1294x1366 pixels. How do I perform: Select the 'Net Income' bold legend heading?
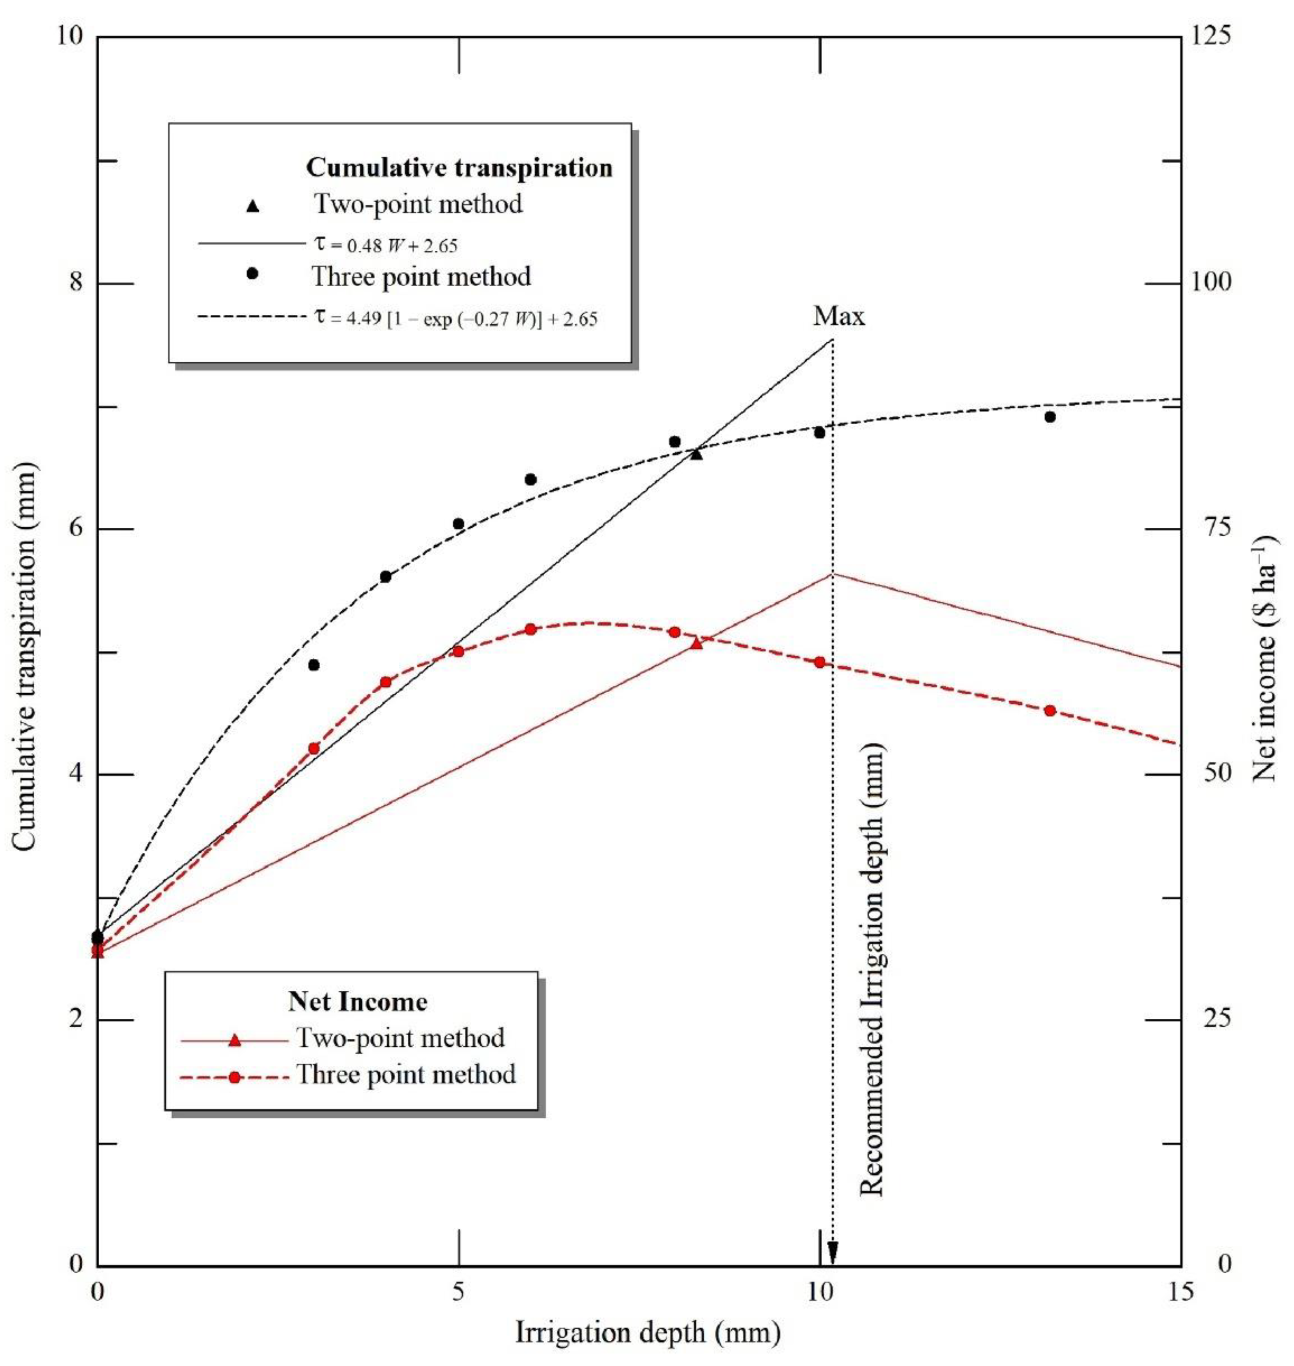(x=357, y=1001)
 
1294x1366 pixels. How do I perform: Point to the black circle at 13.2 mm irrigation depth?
(x=1050, y=417)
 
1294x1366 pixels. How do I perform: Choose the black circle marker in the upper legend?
(x=253, y=274)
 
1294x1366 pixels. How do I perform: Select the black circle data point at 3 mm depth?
(x=314, y=665)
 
